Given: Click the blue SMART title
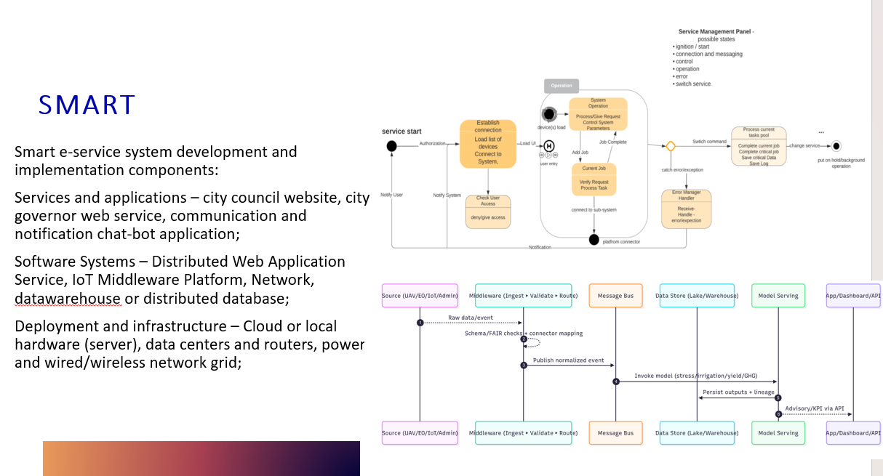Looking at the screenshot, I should coord(87,105).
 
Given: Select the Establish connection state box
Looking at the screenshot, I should coord(487,143).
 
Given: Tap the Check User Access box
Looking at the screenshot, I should coord(487,211).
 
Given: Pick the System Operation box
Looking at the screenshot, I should coord(598,114).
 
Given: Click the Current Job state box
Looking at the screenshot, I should coord(594,178).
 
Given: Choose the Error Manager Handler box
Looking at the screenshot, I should coord(686,209).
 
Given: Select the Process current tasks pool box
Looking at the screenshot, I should coord(759,146).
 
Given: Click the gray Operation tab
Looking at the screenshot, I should coord(562,86).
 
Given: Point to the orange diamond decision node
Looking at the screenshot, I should coord(671,146).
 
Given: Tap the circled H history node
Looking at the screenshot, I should coord(549,146).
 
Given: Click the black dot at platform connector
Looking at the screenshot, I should coord(594,240).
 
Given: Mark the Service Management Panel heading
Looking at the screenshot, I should coord(716,32).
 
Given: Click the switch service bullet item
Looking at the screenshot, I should coord(692,84).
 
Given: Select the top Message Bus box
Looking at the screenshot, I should coord(615,296).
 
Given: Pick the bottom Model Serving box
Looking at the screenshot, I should coord(778,433).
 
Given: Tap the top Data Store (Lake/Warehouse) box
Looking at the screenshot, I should coord(696,296).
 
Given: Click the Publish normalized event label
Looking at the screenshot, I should coord(568,360).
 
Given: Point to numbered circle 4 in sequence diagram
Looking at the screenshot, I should coord(615,382).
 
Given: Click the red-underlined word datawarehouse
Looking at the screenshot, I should coord(67,299).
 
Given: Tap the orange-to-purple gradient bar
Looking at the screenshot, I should coord(201,459).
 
